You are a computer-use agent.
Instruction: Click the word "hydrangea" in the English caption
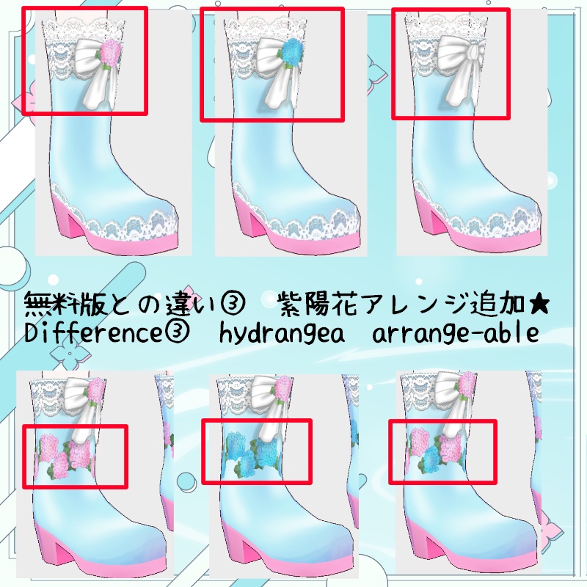[x=282, y=333]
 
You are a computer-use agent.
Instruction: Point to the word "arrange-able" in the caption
[x=456, y=332]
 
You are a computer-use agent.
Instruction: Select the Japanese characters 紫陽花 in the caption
[x=321, y=305]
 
